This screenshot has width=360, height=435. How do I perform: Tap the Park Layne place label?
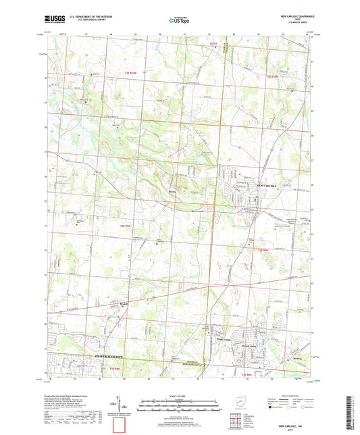point(224,339)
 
